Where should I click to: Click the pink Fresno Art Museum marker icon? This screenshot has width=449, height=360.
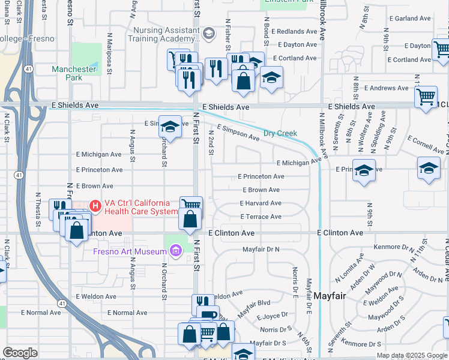pyautogui.click(x=175, y=250)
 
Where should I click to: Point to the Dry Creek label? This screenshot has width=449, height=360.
pyautogui.click(x=280, y=133)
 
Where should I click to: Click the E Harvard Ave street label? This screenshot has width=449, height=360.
pyautogui.click(x=261, y=203)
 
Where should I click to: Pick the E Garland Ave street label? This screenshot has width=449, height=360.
pyautogui.click(x=410, y=19)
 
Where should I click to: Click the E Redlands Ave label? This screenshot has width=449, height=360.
pyautogui.click(x=294, y=31)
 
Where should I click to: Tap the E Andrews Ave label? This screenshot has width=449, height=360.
pyautogui.click(x=390, y=88)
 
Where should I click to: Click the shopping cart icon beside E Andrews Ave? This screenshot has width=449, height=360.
pyautogui.click(x=426, y=96)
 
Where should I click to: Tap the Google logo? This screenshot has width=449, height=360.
pyautogui.click(x=20, y=353)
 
